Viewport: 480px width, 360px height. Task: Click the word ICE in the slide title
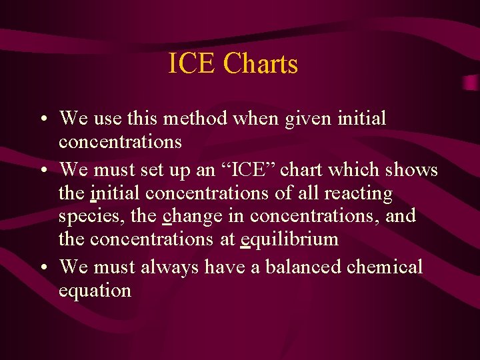point(192,64)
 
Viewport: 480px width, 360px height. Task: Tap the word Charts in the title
point(261,64)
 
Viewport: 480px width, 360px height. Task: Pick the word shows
point(413,170)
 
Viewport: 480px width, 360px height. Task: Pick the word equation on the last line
point(95,291)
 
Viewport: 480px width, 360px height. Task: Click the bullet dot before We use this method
point(42,120)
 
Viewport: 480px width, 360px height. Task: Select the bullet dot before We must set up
point(42,171)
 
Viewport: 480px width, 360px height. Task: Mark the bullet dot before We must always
point(42,268)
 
